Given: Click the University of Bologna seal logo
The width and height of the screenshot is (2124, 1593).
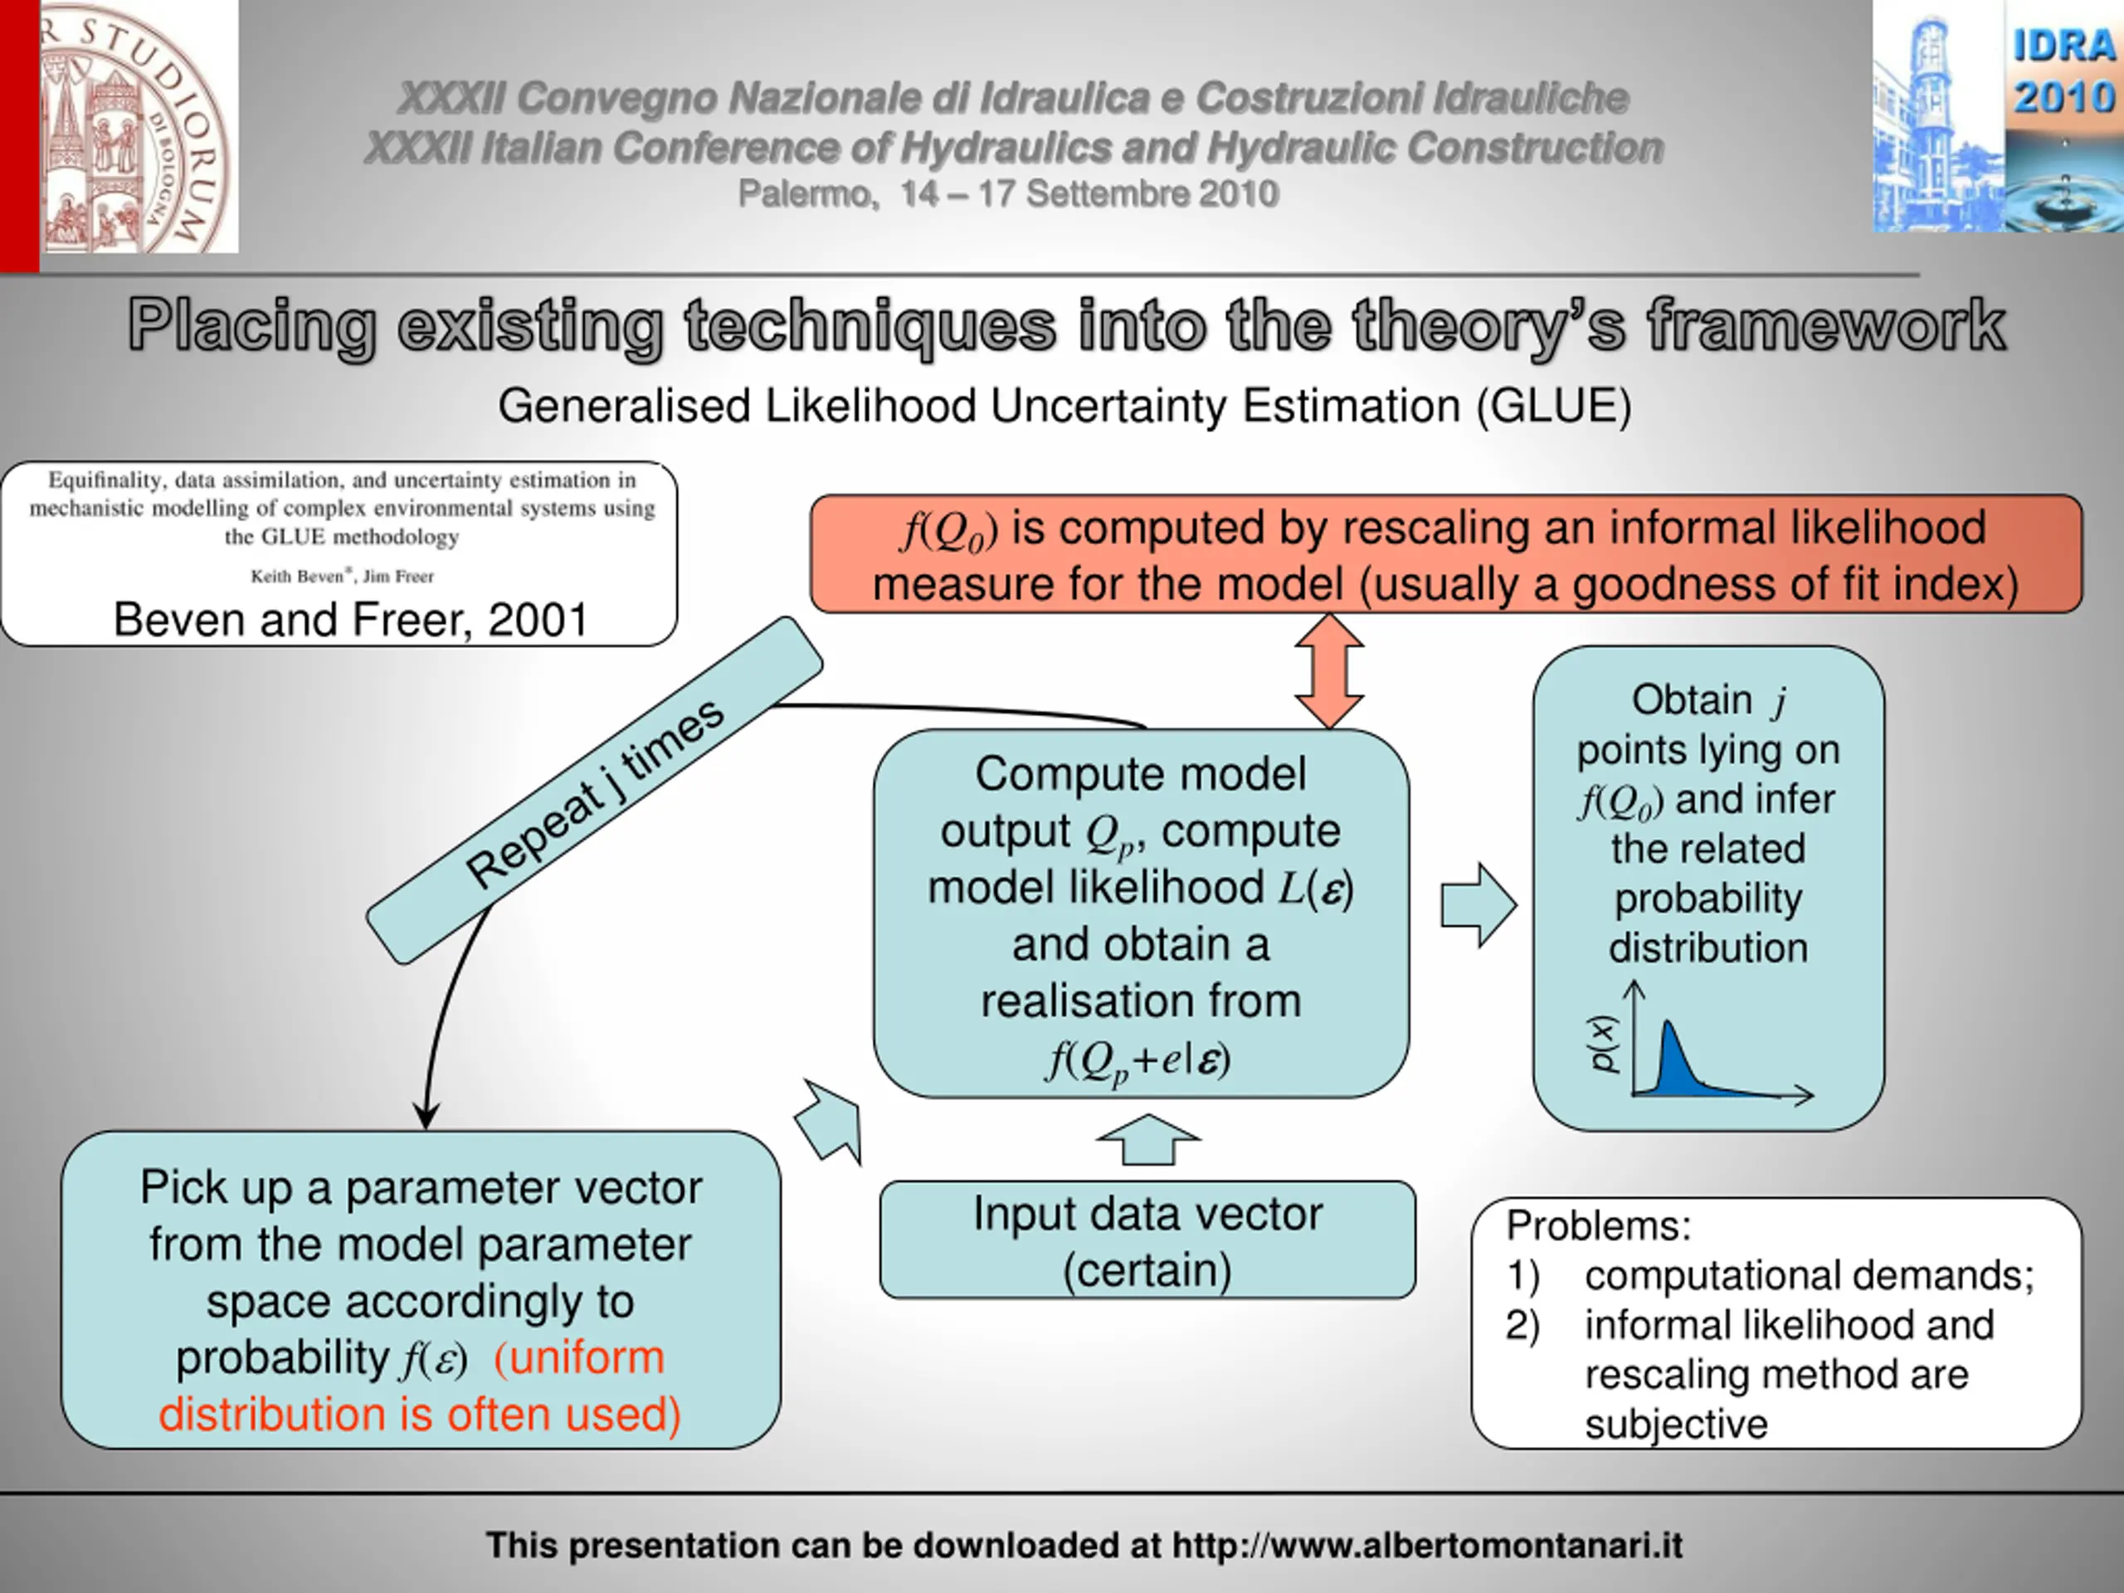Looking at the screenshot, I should [x=134, y=127].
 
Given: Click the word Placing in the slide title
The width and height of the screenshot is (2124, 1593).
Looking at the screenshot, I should [x=251, y=326].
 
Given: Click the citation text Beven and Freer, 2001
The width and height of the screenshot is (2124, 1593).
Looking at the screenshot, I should [x=350, y=619].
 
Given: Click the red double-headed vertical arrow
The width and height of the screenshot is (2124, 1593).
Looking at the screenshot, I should [x=1329, y=670].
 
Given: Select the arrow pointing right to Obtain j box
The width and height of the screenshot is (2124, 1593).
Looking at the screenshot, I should [x=1478, y=904].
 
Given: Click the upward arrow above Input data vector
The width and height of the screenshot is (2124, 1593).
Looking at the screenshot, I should [x=1147, y=1140].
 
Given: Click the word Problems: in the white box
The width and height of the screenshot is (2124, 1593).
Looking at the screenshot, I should [x=1598, y=1226].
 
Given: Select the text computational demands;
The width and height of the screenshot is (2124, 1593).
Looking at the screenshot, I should [x=1809, y=1276].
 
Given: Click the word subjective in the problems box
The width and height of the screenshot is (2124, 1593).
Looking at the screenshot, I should [x=1676, y=1424].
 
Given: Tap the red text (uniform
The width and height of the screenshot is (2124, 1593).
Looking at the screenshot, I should [x=579, y=1357].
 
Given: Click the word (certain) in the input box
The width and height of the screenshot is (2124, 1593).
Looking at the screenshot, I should [x=1147, y=1270].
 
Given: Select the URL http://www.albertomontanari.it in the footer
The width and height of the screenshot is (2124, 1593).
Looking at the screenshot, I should [x=1427, y=1546].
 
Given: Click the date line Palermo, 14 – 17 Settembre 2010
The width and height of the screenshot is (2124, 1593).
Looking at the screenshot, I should [x=1008, y=194].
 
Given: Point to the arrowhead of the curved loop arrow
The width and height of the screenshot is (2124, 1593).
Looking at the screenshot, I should [x=426, y=1116].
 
